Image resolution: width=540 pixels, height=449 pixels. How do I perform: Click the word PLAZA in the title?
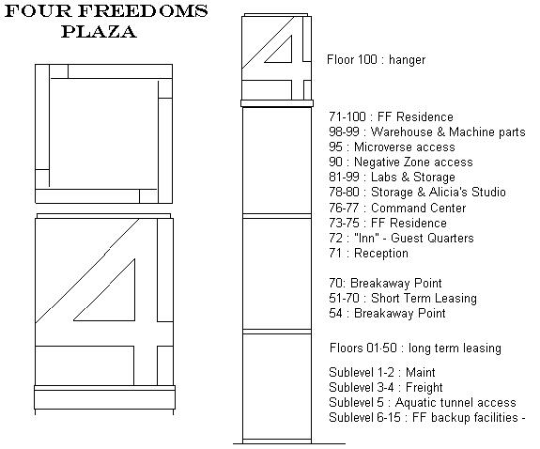[x=100, y=32]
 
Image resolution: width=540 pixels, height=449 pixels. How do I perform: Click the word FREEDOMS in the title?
[x=143, y=11]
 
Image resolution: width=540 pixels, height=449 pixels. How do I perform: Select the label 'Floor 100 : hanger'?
[x=376, y=59]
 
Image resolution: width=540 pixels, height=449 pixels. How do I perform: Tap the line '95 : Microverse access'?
[x=392, y=147]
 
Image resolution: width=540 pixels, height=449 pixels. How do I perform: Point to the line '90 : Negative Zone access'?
[x=401, y=162]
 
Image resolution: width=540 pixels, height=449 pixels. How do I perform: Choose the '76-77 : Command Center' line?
[x=397, y=209]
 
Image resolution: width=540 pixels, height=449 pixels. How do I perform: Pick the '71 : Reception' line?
[x=368, y=254]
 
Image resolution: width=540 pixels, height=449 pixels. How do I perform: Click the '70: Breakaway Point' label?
[x=385, y=284]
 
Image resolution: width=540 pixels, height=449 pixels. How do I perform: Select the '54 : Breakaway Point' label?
[x=387, y=313]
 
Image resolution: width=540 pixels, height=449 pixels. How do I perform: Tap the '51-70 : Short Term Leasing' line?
[x=403, y=299]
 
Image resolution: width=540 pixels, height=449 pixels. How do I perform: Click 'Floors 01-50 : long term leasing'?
[x=415, y=348]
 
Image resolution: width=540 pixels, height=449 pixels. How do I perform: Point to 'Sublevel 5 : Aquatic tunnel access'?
[x=423, y=402]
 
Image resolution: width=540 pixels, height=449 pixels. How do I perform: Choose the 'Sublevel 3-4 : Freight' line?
[x=386, y=388]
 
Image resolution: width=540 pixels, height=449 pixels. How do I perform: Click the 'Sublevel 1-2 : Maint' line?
[x=382, y=373]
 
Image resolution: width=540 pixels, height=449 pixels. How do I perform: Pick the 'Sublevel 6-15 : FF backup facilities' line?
[x=427, y=418]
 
